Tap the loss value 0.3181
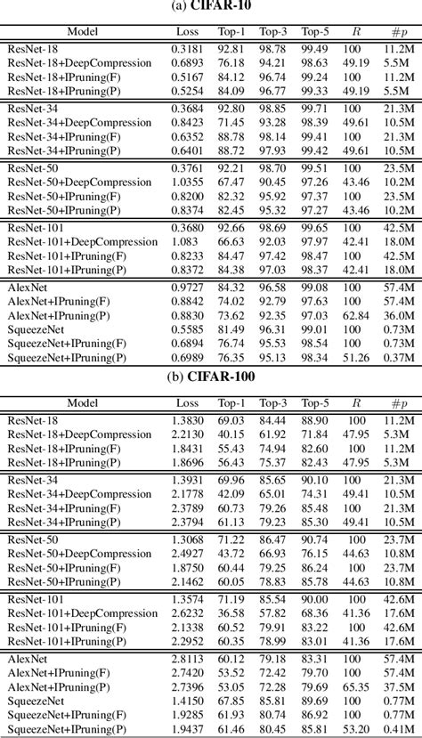tap(185, 49)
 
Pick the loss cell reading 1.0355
tap(185, 182)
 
